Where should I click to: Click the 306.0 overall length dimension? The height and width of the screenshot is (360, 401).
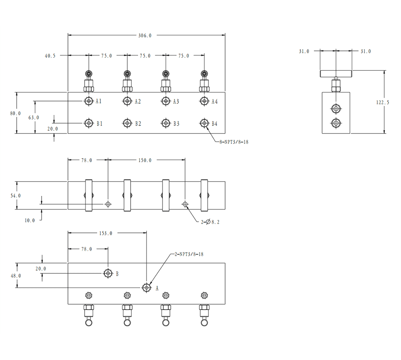[x=145, y=36]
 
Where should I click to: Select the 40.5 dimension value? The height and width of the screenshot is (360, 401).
[x=50, y=56]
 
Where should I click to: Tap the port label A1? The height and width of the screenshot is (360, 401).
[x=98, y=101]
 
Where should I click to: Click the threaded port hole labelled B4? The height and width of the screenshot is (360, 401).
[x=204, y=123]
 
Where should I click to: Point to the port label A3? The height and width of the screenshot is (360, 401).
[x=176, y=102]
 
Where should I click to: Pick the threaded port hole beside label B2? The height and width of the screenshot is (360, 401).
[x=127, y=123]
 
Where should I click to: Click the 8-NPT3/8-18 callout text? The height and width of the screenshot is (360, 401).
[x=234, y=142]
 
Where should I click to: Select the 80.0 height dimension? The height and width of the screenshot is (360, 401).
[x=15, y=113]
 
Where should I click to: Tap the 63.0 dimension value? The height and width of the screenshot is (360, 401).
[x=34, y=118]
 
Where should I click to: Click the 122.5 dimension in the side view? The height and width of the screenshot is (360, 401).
[x=383, y=103]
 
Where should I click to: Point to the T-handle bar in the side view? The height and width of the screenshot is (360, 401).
[x=336, y=74]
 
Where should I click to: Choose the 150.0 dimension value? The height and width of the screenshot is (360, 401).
[x=145, y=161]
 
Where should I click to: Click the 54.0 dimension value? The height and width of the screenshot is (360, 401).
[x=15, y=196]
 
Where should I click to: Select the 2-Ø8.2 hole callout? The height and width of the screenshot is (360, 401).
[x=210, y=222]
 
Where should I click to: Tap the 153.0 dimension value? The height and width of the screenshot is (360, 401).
[x=106, y=233]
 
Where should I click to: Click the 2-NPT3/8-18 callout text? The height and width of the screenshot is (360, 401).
[x=189, y=254]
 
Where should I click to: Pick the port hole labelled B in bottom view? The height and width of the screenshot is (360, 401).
[x=108, y=273]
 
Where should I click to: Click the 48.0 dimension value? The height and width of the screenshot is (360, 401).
[x=15, y=276]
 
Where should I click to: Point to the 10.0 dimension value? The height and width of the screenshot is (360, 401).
[x=30, y=221]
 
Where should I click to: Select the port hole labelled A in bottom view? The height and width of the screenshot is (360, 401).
[x=147, y=288]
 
